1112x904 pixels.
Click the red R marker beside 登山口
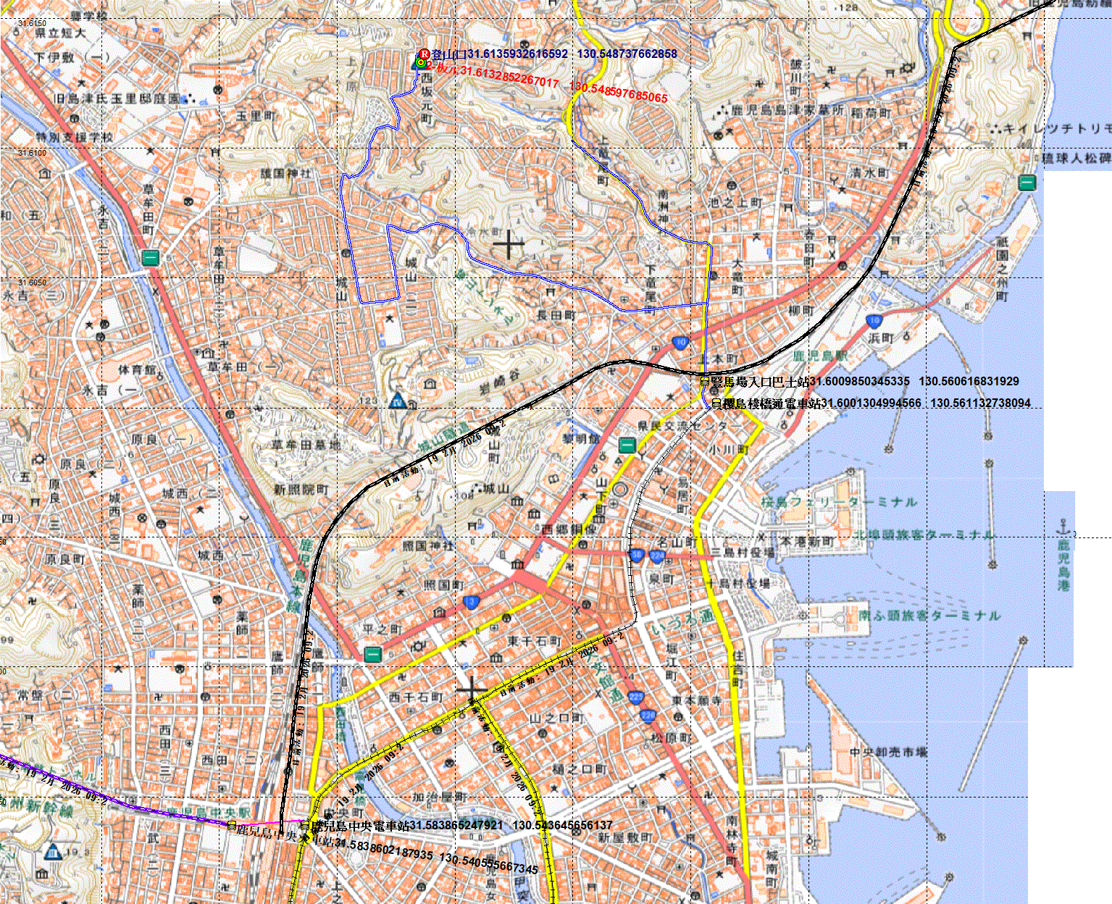point(425,54)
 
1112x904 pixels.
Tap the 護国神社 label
point(285,174)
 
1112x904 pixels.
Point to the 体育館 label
point(138,370)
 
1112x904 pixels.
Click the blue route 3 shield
point(472,602)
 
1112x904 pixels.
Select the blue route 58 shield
point(637,556)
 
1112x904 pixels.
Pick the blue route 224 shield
point(656,556)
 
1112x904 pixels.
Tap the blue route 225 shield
point(636,697)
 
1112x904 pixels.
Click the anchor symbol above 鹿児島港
point(1063,525)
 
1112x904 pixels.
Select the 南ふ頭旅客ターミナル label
point(929,616)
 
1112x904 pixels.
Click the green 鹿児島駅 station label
point(820,356)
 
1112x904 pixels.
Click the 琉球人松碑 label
point(1076,159)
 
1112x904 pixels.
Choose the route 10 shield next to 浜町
point(874,321)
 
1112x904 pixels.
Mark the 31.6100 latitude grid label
point(32,154)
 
